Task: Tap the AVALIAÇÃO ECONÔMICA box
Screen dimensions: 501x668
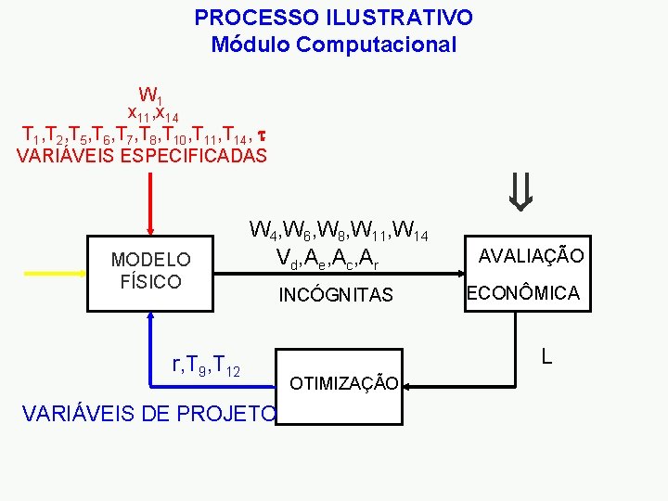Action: [x=528, y=274]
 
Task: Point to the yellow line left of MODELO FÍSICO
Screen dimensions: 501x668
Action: [x=54, y=275]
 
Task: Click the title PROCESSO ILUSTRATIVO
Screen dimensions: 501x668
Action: [x=333, y=18]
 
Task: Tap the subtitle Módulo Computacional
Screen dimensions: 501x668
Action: [x=333, y=44]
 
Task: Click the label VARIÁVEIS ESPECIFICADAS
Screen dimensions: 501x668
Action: [x=142, y=155]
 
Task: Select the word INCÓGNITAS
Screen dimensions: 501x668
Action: [x=336, y=295]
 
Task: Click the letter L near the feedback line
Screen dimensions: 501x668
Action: [x=547, y=355]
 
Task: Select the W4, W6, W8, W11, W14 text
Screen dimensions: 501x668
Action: [x=338, y=229]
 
